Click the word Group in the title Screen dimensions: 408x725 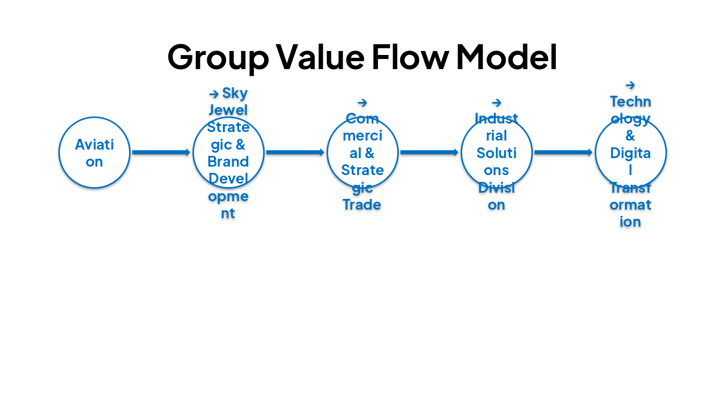pyautogui.click(x=218, y=57)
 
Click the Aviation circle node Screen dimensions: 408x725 pyautogui.click(x=95, y=152)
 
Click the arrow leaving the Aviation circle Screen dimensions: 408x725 pyautogui.click(x=161, y=152)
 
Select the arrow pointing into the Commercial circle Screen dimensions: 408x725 pyautogui.click(x=295, y=152)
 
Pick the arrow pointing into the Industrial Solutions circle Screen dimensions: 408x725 pyautogui.click(x=429, y=152)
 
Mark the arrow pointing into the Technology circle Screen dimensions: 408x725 pyautogui.click(x=564, y=152)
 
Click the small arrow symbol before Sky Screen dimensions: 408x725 pyautogui.click(x=214, y=94)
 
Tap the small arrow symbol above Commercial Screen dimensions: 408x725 pyautogui.click(x=362, y=103)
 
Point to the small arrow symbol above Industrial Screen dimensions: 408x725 pyautogui.click(x=497, y=103)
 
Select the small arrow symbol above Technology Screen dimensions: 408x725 pyautogui.click(x=630, y=86)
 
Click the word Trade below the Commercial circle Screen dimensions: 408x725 pyautogui.click(x=362, y=205)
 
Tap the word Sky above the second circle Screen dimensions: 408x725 pyautogui.click(x=235, y=93)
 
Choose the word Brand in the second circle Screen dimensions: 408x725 pyautogui.click(x=228, y=161)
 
